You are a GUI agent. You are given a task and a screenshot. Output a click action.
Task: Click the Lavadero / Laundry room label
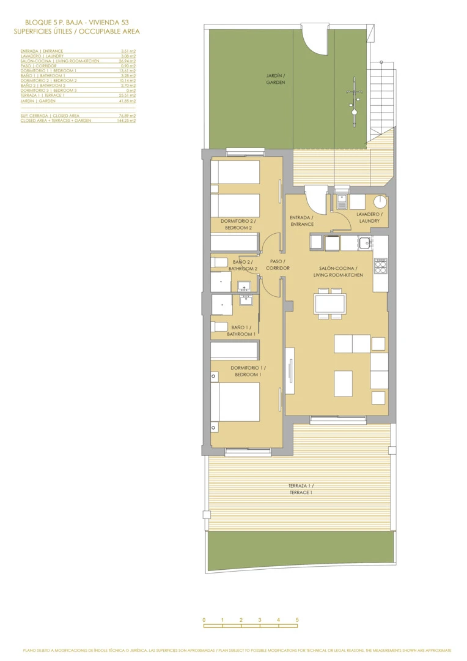[369, 217]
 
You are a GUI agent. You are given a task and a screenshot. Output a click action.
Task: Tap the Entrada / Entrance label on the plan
[301, 221]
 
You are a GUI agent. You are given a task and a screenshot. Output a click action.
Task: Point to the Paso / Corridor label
[278, 265]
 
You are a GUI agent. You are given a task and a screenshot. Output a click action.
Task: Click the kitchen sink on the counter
[365, 243]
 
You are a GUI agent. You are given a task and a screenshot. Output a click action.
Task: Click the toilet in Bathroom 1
[219, 327]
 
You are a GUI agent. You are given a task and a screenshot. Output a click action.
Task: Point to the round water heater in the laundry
[380, 201]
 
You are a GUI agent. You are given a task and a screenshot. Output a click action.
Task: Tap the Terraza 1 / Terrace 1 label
[301, 488]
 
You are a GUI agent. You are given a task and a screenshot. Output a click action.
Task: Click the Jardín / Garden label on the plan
[275, 79]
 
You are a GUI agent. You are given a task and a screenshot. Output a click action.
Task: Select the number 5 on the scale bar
[297, 620]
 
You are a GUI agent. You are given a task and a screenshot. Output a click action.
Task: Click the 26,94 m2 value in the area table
[127, 61]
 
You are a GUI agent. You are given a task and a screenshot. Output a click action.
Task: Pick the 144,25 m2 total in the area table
[127, 121]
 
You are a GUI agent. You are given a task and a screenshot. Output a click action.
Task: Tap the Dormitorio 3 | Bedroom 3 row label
[48, 91]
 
